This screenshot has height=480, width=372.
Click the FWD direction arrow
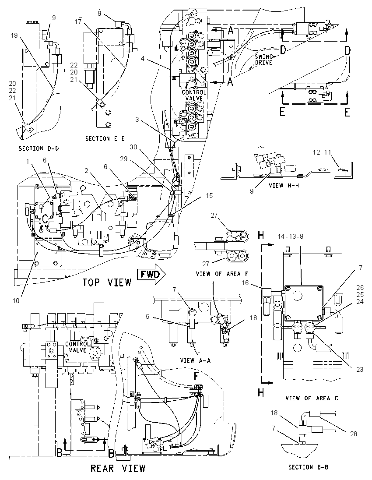coord(151,274)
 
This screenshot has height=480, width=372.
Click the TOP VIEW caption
coord(107,282)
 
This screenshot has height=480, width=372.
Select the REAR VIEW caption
coord(118,468)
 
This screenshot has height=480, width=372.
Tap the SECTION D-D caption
coord(39,148)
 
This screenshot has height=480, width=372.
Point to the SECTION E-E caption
coord(105,139)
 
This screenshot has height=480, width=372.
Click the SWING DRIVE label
coord(263,60)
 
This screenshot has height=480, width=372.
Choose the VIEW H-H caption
coord(284,186)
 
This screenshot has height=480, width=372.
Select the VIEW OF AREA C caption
coord(312,398)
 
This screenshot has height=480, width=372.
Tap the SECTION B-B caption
coord(309,467)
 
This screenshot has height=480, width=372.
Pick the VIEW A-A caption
coord(196,360)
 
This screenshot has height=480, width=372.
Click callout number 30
coord(133,147)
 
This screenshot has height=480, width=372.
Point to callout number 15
coord(209,195)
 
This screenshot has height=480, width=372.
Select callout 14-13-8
coord(290,236)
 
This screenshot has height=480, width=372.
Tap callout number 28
coord(353,434)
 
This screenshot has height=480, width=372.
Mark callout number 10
coord(16,300)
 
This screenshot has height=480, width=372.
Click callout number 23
coord(360,370)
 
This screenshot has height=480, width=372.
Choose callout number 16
coord(246,283)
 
